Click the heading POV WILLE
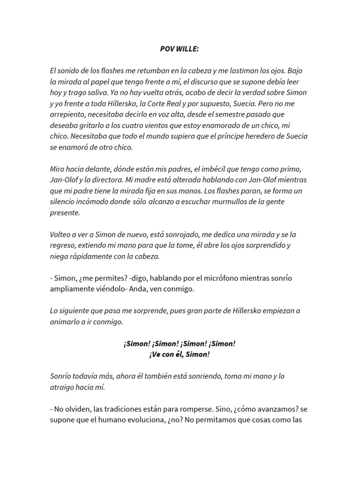click(x=180, y=49)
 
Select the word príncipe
click(x=220, y=136)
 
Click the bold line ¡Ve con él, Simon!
click(x=180, y=354)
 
